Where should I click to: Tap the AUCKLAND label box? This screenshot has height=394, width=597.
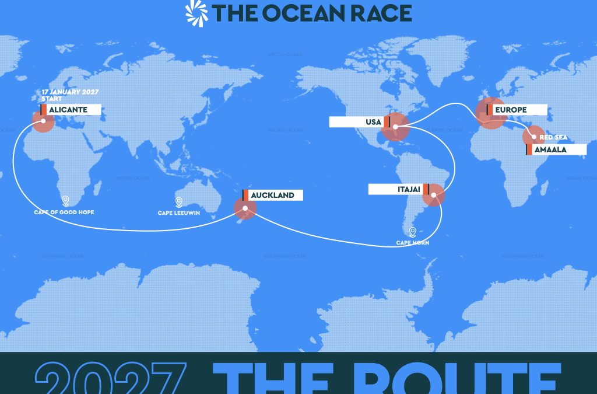tap(272, 195)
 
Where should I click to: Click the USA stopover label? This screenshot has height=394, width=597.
tap(357, 122)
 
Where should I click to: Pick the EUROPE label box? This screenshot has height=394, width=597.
tap(517, 110)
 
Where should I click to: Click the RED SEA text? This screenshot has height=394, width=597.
tap(553, 137)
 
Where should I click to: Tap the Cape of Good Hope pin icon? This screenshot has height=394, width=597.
tap(65, 201)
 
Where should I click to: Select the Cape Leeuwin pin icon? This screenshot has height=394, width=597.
tap(179, 202)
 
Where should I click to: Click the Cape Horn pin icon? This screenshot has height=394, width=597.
tap(413, 232)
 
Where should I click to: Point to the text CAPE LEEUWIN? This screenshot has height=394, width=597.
tap(179, 213)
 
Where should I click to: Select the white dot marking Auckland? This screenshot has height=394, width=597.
tap(245, 208)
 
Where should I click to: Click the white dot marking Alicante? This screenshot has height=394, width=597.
tap(43, 121)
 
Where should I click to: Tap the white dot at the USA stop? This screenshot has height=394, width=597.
tap(395, 127)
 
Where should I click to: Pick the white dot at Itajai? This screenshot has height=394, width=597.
tap(433, 196)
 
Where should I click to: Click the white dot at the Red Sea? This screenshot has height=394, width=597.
tap(533, 137)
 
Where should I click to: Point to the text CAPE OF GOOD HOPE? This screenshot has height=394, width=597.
tap(64, 212)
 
